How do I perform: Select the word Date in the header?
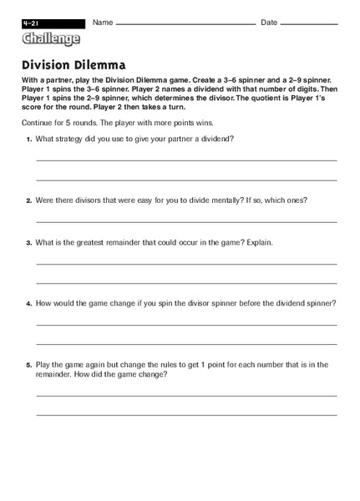point(269,22)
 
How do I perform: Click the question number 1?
point(28,139)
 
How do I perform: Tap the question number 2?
point(28,200)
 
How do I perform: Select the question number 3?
point(28,243)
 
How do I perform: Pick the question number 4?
point(28,303)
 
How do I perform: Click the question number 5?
point(28,365)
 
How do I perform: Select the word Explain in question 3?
point(256,243)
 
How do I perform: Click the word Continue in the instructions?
point(37,122)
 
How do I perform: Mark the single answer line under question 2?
point(186,221)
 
